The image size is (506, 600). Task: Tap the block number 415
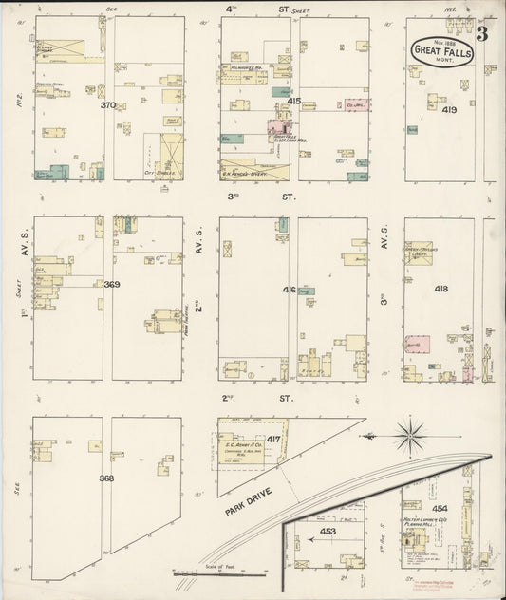[293, 101]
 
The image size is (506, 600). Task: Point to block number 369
[112, 284]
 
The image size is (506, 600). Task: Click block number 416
[290, 289]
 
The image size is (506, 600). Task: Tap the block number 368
[106, 478]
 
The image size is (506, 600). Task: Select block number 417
[273, 439]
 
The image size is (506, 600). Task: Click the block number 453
[328, 533]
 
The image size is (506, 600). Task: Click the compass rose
[410, 437]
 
